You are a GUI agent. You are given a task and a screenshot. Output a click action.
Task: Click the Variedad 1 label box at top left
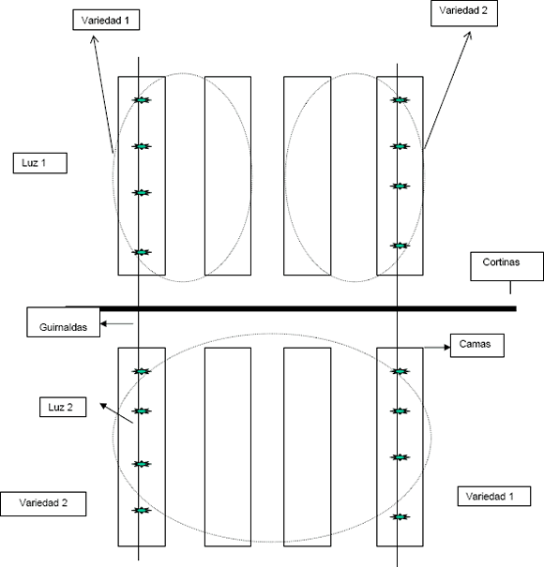coord(106,20)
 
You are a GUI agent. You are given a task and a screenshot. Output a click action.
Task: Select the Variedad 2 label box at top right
coord(464,13)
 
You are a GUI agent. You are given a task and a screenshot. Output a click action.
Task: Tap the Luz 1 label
coord(40,163)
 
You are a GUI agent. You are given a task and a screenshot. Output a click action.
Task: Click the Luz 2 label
coord(63,407)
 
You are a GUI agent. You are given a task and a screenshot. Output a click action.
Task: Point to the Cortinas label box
coord(506,266)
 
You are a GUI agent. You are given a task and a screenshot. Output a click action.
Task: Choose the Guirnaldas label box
coord(64,322)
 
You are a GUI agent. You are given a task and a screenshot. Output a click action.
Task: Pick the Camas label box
coord(477,345)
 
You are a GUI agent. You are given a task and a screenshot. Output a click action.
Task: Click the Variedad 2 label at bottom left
coord(43,503)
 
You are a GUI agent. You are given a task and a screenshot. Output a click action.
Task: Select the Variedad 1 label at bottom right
coord(494,496)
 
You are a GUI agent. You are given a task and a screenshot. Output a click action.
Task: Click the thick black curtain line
coord(291,308)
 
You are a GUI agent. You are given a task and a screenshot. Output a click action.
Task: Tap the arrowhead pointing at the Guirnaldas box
coord(103,323)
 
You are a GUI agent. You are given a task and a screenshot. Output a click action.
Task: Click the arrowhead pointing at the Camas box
coord(447,347)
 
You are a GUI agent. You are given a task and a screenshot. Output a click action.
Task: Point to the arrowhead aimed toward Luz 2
coord(103,406)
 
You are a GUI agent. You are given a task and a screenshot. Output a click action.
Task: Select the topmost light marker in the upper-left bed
coord(142,100)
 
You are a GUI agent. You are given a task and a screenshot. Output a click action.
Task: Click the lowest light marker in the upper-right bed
coord(400,246)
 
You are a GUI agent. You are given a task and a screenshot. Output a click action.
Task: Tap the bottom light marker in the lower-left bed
coord(142,510)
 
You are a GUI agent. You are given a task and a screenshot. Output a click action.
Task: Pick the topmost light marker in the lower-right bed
coord(400,371)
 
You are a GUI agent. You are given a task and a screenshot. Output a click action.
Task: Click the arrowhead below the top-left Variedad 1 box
coord(95,39)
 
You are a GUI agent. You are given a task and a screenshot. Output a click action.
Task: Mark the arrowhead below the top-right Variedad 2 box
coord(469,35)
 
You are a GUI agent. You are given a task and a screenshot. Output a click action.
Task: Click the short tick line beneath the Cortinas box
coord(510,288)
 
